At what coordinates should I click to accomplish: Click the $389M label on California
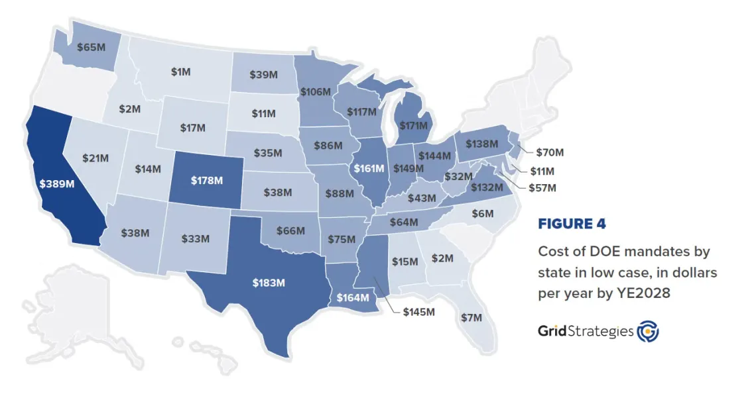[x=56, y=184]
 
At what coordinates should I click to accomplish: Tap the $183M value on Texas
[x=269, y=282]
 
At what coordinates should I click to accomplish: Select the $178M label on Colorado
[x=207, y=180]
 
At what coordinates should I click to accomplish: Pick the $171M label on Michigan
[x=412, y=124]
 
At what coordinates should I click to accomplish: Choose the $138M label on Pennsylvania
[x=482, y=143]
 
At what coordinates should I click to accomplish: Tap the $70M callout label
[x=550, y=152]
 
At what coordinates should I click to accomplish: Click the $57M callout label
[x=542, y=188]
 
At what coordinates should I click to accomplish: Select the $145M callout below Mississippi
[x=418, y=311]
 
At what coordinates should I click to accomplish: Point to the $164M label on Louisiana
[x=352, y=297]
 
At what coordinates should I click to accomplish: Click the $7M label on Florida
[x=472, y=317]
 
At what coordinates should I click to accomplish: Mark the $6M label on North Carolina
[x=482, y=213]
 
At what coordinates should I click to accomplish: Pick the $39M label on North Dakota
[x=263, y=75]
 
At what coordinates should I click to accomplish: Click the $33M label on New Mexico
[x=195, y=238]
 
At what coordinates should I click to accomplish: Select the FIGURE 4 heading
[x=572, y=224]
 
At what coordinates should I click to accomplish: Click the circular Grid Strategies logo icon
[x=647, y=331]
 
